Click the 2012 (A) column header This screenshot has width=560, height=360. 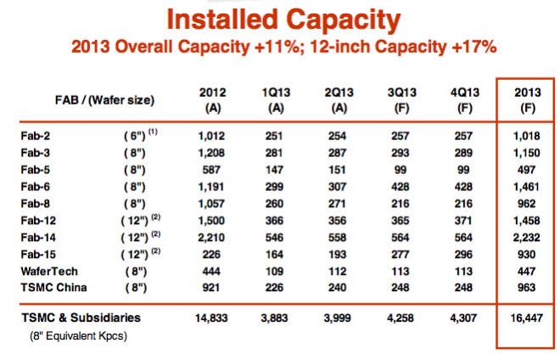click(213, 100)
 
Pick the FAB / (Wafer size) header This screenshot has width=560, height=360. click(104, 100)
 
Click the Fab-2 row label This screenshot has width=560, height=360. click(36, 136)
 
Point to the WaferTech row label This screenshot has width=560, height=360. click(49, 272)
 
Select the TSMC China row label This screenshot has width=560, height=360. click(53, 288)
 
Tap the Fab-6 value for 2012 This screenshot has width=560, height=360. click(211, 187)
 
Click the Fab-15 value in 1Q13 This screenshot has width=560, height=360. click(274, 255)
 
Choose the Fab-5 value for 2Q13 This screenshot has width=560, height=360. click(337, 170)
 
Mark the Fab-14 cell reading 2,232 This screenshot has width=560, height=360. click(526, 238)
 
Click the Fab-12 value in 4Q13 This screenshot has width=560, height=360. click(463, 221)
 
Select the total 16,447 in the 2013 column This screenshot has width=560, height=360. click(527, 318)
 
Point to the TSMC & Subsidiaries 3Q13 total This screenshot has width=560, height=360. click(400, 318)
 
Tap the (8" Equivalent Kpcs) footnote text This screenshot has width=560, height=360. click(79, 336)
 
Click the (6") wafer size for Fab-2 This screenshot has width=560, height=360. click(135, 136)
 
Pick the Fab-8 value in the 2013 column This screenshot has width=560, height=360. click(526, 204)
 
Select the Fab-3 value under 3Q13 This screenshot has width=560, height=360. click(400, 153)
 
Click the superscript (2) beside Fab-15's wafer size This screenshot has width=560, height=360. click(156, 251)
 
